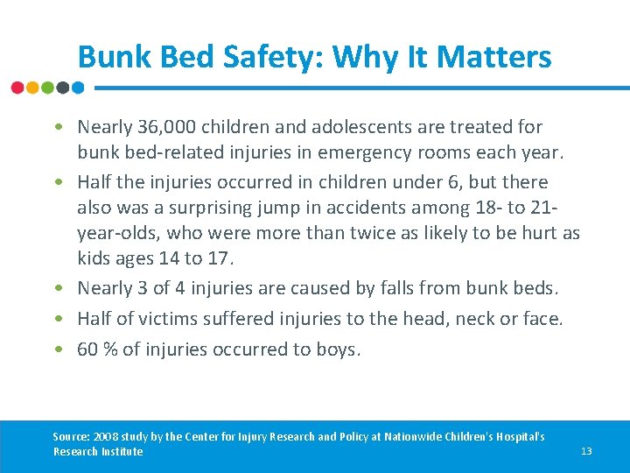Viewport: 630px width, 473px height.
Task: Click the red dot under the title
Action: click(x=17, y=88)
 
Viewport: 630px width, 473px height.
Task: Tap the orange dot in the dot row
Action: click(x=32, y=88)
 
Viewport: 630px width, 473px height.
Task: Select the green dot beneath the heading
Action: click(x=47, y=88)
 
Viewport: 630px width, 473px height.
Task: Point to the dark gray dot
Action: click(x=62, y=88)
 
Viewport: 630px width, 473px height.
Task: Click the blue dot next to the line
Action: click(x=77, y=88)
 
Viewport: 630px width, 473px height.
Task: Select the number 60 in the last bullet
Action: click(x=87, y=349)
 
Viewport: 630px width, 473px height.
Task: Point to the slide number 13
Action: click(x=586, y=451)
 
